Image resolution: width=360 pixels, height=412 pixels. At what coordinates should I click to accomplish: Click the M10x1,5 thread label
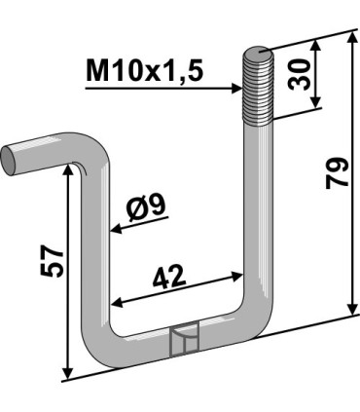point(144,71)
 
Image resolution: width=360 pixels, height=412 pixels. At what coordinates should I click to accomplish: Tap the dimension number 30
point(299,74)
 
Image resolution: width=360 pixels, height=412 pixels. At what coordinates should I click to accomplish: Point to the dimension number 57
point(51,261)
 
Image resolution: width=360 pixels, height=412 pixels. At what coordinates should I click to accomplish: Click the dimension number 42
point(169,277)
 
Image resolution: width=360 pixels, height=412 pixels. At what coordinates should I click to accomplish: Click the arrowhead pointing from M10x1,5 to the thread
point(237,88)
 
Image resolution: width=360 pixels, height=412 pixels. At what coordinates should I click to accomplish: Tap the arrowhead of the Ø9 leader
point(116,230)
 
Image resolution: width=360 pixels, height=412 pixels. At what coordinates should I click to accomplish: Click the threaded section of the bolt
point(259,87)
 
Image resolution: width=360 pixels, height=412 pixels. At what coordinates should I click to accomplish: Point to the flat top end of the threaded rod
point(259,52)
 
